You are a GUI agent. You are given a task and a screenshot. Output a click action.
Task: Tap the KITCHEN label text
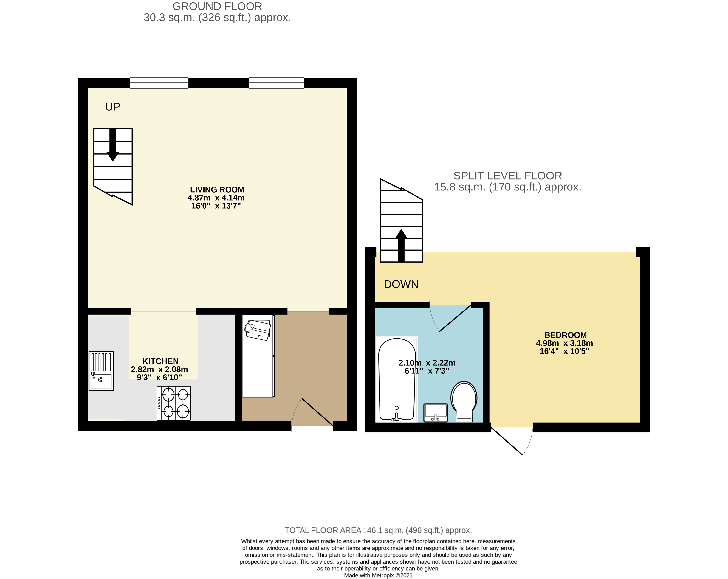pos(160,361)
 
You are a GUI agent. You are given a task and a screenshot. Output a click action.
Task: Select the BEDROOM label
pos(565,335)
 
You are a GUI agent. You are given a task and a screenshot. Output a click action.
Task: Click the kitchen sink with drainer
pos(101,371)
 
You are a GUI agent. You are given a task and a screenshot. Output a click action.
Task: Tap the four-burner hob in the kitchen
pos(174,403)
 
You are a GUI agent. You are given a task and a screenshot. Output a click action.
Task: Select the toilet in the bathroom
pos(464,401)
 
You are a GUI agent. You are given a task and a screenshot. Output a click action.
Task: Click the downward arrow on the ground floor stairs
pos(113,145)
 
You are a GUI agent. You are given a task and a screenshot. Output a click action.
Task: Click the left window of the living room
pos(159,83)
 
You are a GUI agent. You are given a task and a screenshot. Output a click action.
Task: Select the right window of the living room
pos(277,83)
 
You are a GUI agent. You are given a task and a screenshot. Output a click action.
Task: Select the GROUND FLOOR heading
pos(217,6)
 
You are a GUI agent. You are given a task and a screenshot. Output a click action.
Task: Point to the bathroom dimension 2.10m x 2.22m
pos(427,363)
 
